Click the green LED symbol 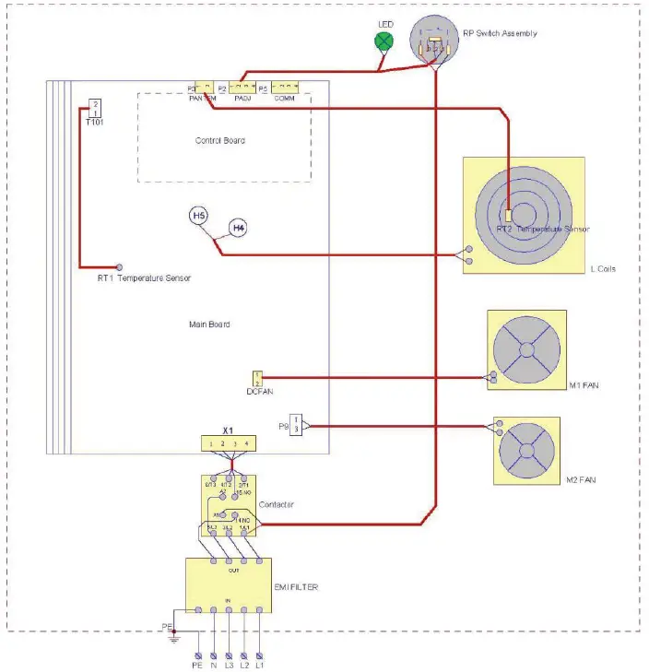384,41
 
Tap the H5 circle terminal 199,216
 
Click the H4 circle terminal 238,227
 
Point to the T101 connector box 95,109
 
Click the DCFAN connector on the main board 257,378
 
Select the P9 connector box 295,426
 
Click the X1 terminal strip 230,443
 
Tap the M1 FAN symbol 526,351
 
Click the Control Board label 220,141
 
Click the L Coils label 603,269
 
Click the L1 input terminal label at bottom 260,663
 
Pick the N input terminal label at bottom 213,663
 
